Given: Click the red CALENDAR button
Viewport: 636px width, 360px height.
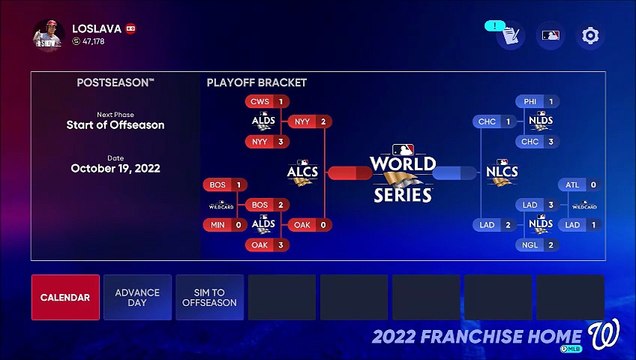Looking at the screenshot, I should click(x=65, y=297).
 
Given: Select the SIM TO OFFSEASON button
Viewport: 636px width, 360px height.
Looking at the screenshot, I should click(x=209, y=297).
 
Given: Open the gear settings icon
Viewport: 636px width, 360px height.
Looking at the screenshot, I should click(x=591, y=36).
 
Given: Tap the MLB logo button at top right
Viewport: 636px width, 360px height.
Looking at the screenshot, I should click(x=550, y=36).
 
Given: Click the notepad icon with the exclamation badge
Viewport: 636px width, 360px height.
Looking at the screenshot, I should click(x=509, y=36).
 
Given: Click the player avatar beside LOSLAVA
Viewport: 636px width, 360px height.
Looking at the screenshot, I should click(x=47, y=35).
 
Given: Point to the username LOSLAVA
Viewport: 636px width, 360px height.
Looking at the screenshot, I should click(x=96, y=29).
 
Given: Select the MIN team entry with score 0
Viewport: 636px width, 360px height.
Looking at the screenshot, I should click(x=225, y=225).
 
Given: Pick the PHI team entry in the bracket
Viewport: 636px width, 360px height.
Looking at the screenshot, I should click(x=537, y=102).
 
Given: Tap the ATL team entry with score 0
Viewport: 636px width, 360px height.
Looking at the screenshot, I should click(x=579, y=185).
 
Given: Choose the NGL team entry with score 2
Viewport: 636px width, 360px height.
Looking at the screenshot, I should click(x=537, y=245).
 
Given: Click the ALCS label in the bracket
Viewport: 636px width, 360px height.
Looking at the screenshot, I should click(x=303, y=172).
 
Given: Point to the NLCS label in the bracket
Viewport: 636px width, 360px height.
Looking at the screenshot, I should click(x=501, y=172).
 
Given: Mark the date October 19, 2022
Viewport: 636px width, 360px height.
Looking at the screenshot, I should click(x=115, y=169).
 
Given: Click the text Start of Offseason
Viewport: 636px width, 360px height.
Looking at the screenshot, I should click(x=115, y=125).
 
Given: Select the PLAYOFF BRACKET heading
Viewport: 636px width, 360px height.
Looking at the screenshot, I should click(x=256, y=82).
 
